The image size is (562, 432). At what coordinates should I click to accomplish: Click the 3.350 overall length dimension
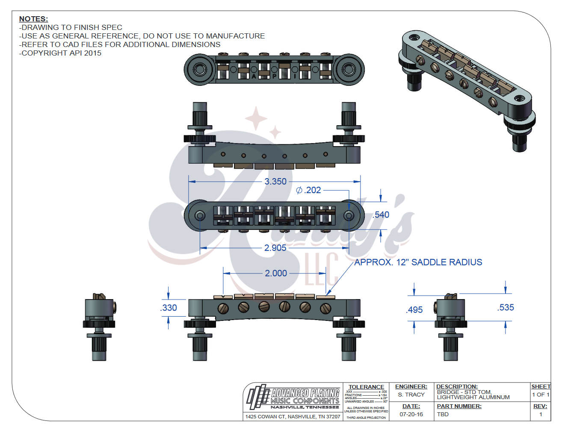pyautogui.click(x=275, y=182)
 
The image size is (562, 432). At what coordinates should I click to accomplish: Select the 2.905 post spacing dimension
pyautogui.click(x=275, y=248)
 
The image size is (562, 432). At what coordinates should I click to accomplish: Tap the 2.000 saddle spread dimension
pyautogui.click(x=276, y=273)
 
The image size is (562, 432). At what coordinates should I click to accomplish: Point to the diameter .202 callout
pyautogui.click(x=309, y=190)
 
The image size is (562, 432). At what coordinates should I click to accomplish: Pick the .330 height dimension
pyautogui.click(x=169, y=308)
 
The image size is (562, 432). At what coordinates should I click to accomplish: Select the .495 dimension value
pyautogui.click(x=414, y=310)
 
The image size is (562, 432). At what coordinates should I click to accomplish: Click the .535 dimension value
pyautogui.click(x=506, y=308)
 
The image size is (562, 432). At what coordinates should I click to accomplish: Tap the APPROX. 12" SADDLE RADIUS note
pyautogui.click(x=418, y=262)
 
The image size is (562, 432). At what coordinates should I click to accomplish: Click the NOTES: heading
pyautogui.click(x=33, y=19)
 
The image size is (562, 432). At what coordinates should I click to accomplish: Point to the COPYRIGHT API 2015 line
pyautogui.click(x=60, y=53)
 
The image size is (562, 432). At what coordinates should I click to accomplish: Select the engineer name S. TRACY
pyautogui.click(x=411, y=395)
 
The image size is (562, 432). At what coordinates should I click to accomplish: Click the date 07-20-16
pyautogui.click(x=411, y=414)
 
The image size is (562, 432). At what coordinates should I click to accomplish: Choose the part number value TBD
pyautogui.click(x=443, y=414)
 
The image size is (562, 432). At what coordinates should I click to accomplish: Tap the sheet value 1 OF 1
pyautogui.click(x=541, y=395)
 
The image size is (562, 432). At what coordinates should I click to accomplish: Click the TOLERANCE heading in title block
pyautogui.click(x=366, y=387)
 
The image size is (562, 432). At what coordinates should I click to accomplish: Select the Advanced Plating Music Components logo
pyautogui.click(x=293, y=397)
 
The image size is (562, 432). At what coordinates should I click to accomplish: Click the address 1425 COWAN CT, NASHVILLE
pyautogui.click(x=293, y=417)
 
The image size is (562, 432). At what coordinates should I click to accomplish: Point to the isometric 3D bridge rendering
pyautogui.click(x=466, y=85)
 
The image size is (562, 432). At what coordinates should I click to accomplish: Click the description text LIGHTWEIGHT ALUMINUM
pyautogui.click(x=473, y=397)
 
